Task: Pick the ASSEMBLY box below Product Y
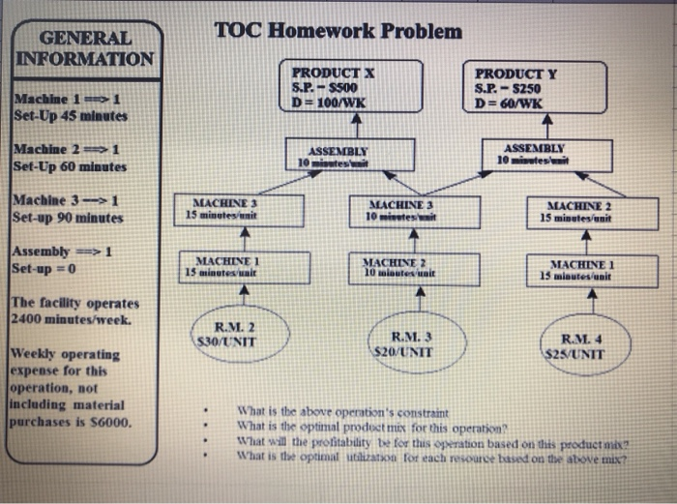tap(546, 155)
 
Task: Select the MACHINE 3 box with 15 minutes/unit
tap(229, 209)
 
